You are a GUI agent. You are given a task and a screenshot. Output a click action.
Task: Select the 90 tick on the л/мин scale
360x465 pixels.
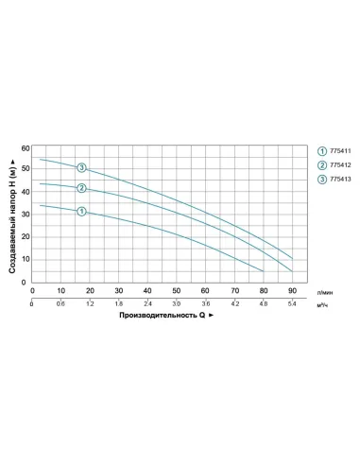(x=293, y=290)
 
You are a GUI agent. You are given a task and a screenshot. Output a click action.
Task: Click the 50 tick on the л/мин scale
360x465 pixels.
(x=177, y=290)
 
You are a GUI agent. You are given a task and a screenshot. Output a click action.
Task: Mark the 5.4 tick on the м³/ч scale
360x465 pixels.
(x=293, y=304)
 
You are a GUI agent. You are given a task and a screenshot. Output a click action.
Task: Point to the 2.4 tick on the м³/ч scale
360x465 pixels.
(x=148, y=304)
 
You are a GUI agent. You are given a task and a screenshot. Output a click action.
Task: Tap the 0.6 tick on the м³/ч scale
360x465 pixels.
(x=61, y=304)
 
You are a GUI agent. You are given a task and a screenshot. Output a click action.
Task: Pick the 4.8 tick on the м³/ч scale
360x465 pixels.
(x=265, y=304)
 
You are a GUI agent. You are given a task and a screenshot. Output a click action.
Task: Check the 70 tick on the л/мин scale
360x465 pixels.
(x=235, y=290)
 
